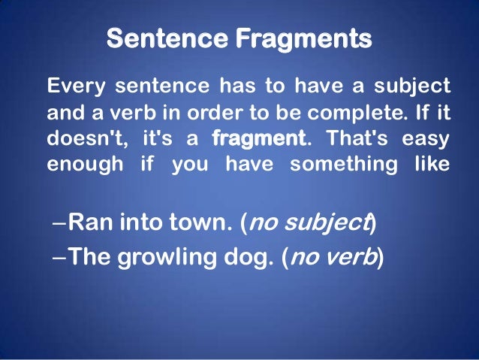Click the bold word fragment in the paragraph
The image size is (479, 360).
pos(259,139)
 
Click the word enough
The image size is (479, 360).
pos(79,164)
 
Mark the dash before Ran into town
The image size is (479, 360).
pos(60,223)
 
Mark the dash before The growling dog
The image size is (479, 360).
pos(60,258)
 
